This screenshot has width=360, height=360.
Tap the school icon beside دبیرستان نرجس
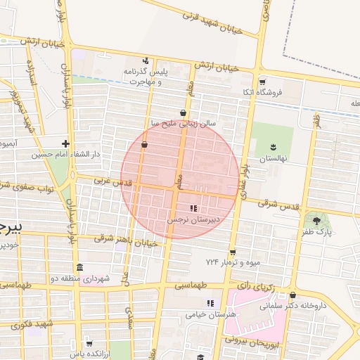pos(193,209)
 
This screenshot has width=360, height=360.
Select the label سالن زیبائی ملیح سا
pos(186,123)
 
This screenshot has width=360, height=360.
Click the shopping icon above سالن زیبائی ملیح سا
pos(184,112)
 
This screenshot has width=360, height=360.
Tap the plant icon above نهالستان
pos(273,146)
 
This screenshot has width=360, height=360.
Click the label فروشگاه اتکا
pos(279,92)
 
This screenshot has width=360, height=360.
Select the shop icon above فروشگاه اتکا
pos(262,82)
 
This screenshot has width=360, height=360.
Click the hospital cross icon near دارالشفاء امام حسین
pos(66,143)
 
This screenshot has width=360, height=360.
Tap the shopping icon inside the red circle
pos(144,144)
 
